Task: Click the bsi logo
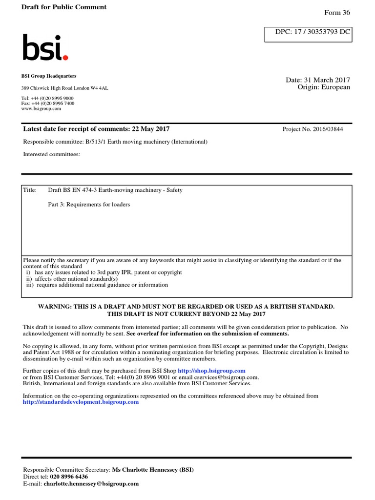pyautogui.click(x=44, y=48)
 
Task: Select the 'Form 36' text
pyautogui.click(x=337, y=13)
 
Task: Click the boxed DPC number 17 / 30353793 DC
pyautogui.click(x=308, y=34)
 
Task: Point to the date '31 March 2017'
pyautogui.click(x=329, y=80)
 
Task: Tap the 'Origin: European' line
pyautogui.click(x=324, y=87)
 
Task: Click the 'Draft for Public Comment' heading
pyautogui.click(x=64, y=7)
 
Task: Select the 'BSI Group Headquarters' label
pyautogui.click(x=49, y=76)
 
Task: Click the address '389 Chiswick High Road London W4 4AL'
pyautogui.click(x=65, y=88)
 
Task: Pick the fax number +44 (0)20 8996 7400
pyautogui.click(x=48, y=104)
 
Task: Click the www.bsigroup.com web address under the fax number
pyautogui.click(x=41, y=109)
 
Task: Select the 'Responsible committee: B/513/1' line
pyautogui.click(x=115, y=142)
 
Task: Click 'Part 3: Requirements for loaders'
pyautogui.click(x=89, y=205)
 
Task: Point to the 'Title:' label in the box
pyautogui.click(x=30, y=190)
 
